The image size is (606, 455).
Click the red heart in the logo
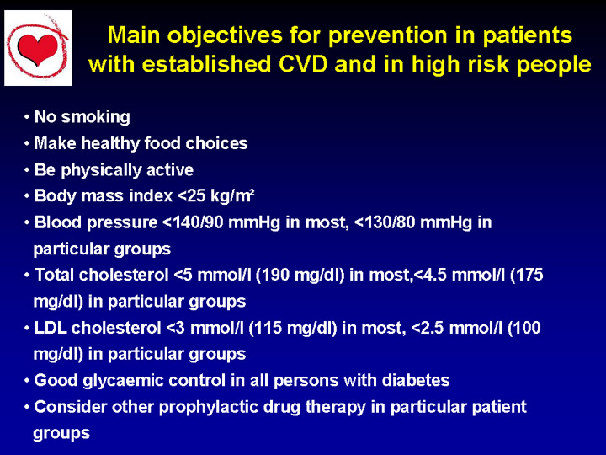pyautogui.click(x=38, y=48)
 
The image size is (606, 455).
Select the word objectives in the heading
pyautogui.click(x=225, y=35)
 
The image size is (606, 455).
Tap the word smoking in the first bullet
pyautogui.click(x=96, y=117)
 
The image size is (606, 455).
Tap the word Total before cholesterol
pyautogui.click(x=55, y=275)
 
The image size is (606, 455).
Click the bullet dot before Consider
pyautogui.click(x=27, y=408)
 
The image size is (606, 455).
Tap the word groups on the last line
pyautogui.click(x=61, y=434)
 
